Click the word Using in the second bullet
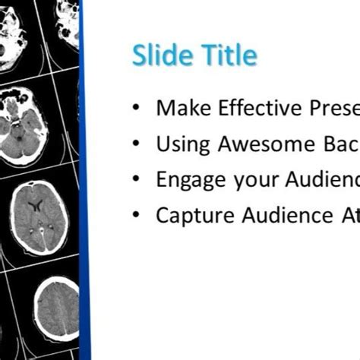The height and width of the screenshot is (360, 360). [181, 144]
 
